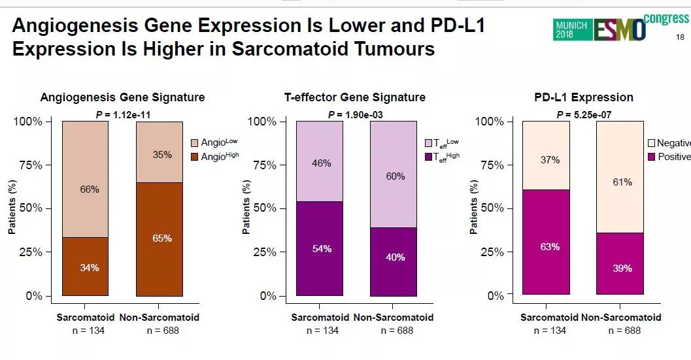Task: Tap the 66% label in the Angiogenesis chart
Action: (x=90, y=189)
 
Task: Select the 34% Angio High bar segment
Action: (x=85, y=267)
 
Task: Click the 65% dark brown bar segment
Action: (x=160, y=239)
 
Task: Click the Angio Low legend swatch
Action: (x=194, y=143)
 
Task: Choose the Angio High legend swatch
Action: (x=194, y=157)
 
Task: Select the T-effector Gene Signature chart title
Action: (x=355, y=97)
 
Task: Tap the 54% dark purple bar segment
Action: (x=320, y=249)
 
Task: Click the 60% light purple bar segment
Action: (x=394, y=176)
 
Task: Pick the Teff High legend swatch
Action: (x=428, y=157)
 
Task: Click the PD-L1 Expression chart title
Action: (x=583, y=97)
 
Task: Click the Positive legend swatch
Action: (x=651, y=157)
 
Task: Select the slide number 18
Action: (x=679, y=37)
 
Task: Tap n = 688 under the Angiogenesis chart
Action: (x=162, y=331)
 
